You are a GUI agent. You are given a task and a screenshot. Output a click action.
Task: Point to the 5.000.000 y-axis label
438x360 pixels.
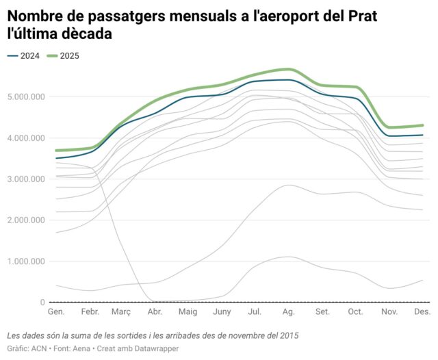point(24,97)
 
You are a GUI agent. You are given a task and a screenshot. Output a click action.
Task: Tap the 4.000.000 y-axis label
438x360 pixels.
point(24,138)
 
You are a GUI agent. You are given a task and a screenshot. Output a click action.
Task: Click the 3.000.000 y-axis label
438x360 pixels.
point(24,179)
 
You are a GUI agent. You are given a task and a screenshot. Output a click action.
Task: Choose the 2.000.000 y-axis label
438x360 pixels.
point(24,220)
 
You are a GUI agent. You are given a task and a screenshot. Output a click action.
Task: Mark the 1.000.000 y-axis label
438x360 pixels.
point(24,261)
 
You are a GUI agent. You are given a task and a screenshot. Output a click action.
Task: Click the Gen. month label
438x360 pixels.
point(56,311)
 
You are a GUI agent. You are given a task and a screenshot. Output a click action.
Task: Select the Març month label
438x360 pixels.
point(120,311)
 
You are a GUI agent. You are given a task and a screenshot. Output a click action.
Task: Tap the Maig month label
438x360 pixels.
point(188,311)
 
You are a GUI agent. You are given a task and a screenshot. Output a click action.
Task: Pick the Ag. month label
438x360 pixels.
point(288,311)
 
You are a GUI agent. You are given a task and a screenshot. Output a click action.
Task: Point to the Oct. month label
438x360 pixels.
point(355,311)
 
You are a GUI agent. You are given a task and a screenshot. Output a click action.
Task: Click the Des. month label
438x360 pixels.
point(422,311)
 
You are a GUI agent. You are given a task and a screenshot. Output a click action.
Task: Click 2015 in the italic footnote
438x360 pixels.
point(288,335)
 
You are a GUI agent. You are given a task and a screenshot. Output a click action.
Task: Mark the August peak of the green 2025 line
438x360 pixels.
point(289,69)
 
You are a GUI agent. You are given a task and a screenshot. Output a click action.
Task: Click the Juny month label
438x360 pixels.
point(221,311)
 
